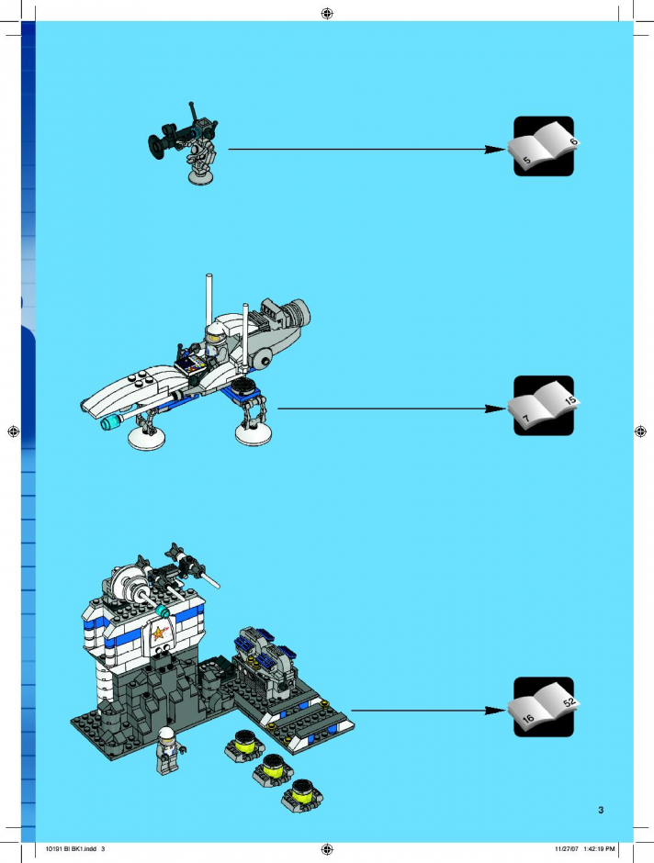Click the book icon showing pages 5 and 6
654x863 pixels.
tap(544, 146)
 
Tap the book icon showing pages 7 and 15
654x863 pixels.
tap(544, 406)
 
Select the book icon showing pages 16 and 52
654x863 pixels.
tap(544, 707)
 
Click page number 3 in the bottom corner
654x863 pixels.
tap(601, 810)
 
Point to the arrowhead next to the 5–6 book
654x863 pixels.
tap(495, 149)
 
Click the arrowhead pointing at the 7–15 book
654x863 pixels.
tap(495, 409)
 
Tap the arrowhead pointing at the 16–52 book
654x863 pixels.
tap(495, 711)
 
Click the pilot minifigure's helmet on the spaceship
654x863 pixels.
tap(215, 331)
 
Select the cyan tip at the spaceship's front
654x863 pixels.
tap(111, 422)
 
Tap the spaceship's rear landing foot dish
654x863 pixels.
tap(254, 433)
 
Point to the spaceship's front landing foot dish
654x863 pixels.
tap(146, 438)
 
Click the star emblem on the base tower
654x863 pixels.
tap(160, 633)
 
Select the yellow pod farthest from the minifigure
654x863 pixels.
tap(301, 795)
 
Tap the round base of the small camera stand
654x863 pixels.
tap(201, 176)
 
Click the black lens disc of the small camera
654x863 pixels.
tap(155, 146)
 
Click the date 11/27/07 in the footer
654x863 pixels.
tap(567, 848)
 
